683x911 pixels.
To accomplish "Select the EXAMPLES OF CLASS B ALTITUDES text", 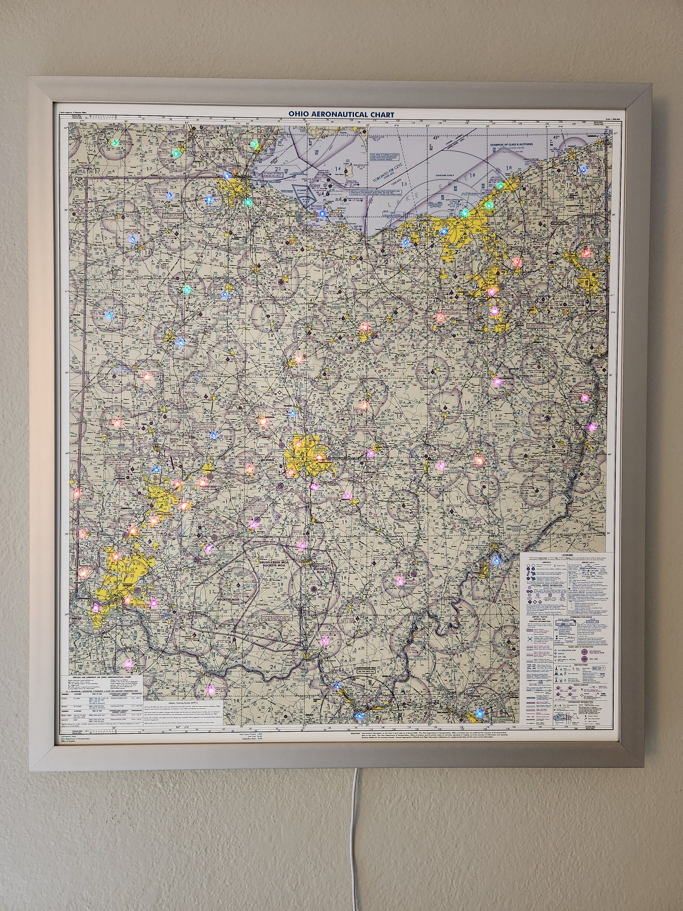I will (511, 144).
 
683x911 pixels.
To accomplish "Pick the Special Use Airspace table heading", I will (102, 676).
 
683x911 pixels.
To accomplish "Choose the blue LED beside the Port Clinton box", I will (322, 214).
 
